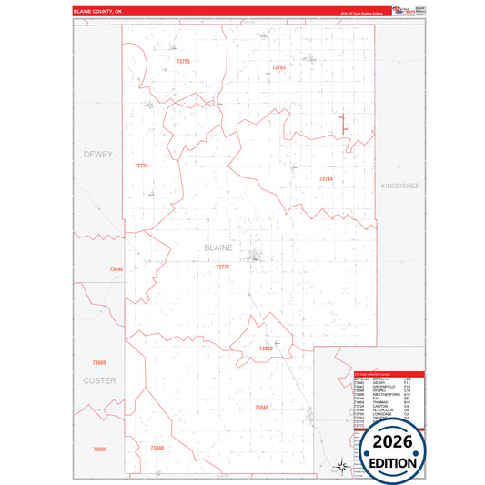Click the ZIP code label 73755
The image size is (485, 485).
pyautogui.click(x=183, y=61)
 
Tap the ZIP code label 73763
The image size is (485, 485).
pyautogui.click(x=278, y=67)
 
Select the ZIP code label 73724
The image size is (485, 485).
pyautogui.click(x=141, y=166)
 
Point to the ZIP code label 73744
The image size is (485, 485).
pyautogui.click(x=326, y=179)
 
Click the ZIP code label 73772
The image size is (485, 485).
pyautogui.click(x=223, y=267)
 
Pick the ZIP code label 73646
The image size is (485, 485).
pyautogui.click(x=116, y=269)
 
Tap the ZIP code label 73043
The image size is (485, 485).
pyautogui.click(x=266, y=349)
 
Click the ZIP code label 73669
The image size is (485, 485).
pyautogui.click(x=99, y=363)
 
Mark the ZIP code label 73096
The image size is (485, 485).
pyautogui.click(x=99, y=449)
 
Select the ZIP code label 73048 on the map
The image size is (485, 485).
pyautogui.click(x=157, y=449)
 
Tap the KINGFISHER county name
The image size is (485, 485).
pyautogui.click(x=399, y=186)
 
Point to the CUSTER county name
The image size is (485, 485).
pyautogui.click(x=99, y=380)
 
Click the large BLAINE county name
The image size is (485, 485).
pyautogui.click(x=218, y=248)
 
